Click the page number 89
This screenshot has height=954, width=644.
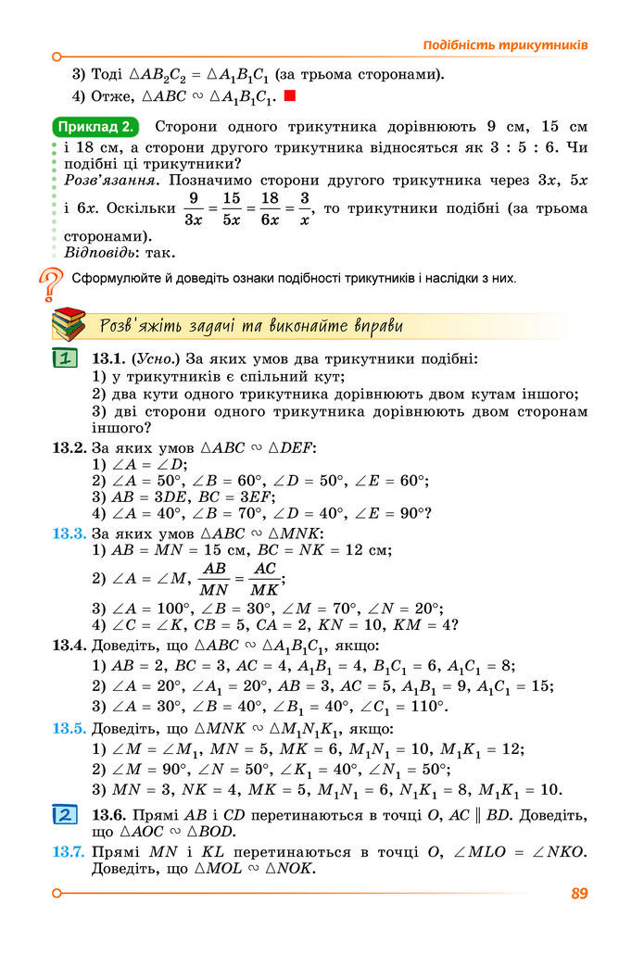point(580,894)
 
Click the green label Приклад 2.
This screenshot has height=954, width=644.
point(97,127)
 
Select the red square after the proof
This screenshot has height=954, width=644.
point(289,95)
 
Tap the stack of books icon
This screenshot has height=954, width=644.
point(69,326)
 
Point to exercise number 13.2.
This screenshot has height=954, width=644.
point(69,447)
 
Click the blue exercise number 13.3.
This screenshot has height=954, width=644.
point(69,534)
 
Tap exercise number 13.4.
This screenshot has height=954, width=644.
point(69,645)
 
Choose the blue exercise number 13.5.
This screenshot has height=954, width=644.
point(69,729)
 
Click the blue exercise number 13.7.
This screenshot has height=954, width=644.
point(69,852)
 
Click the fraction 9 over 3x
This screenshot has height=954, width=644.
point(194,209)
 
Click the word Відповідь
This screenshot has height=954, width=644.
point(100,252)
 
